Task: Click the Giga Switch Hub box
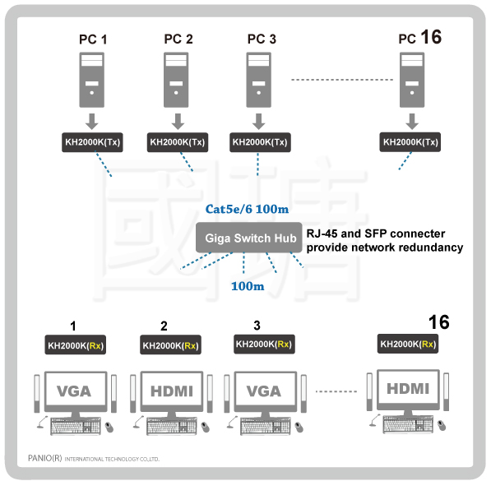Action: (249, 238)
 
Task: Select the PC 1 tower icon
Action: (92, 80)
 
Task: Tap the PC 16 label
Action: (420, 37)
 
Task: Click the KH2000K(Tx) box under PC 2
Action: (178, 142)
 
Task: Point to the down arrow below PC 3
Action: (258, 122)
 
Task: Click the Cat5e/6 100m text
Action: (247, 209)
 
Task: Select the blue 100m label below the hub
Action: (248, 286)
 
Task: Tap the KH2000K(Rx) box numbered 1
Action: (76, 345)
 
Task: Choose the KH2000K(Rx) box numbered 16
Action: (408, 344)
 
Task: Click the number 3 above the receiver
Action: (257, 326)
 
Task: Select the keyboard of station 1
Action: (76, 426)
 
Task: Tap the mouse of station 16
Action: (442, 426)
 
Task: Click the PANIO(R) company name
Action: (44, 458)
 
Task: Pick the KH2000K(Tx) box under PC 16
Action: (410, 142)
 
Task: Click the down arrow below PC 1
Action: (92, 122)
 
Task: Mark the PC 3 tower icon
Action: (258, 80)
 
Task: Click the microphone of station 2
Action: (138, 422)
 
